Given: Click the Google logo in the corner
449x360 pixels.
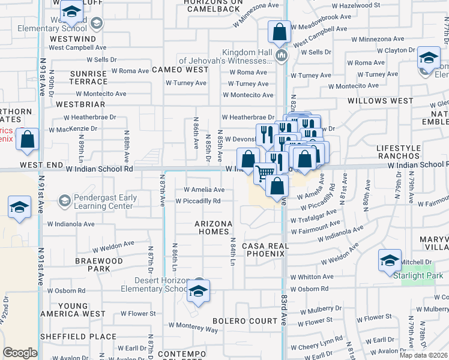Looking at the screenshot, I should [20, 353].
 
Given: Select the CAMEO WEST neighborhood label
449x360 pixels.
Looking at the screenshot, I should [179, 70].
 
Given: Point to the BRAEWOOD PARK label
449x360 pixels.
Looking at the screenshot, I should [99, 265].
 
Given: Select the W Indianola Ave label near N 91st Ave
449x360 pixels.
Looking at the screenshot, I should [71, 224].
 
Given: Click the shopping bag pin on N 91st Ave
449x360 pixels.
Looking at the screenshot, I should [28, 140].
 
